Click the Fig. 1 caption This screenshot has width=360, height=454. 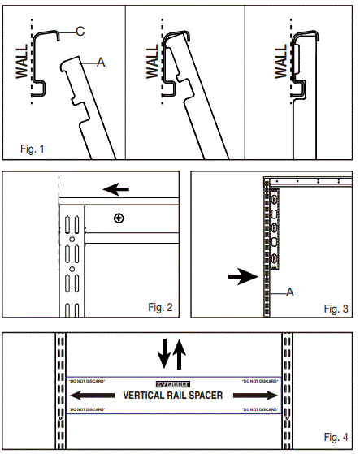coord(33,149)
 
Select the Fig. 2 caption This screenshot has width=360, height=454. coord(162,307)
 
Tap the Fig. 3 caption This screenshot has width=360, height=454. coord(336,309)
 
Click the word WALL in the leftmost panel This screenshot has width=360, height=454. coord(22,61)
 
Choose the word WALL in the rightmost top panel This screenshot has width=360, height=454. coord(280,61)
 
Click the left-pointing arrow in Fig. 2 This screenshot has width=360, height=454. coord(117,190)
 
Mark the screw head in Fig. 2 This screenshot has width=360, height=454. coord(120,218)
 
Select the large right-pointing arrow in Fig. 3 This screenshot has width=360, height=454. coord(242,276)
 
